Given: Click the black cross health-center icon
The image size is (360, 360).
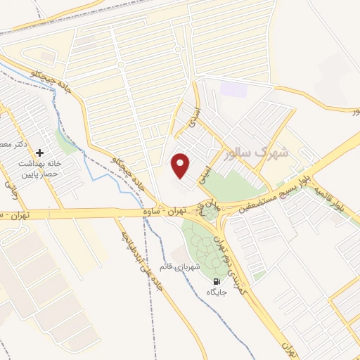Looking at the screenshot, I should (39, 153).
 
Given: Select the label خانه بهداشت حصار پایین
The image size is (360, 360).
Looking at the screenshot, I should (40, 168).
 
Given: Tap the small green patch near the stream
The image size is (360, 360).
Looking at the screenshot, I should (67, 144).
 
